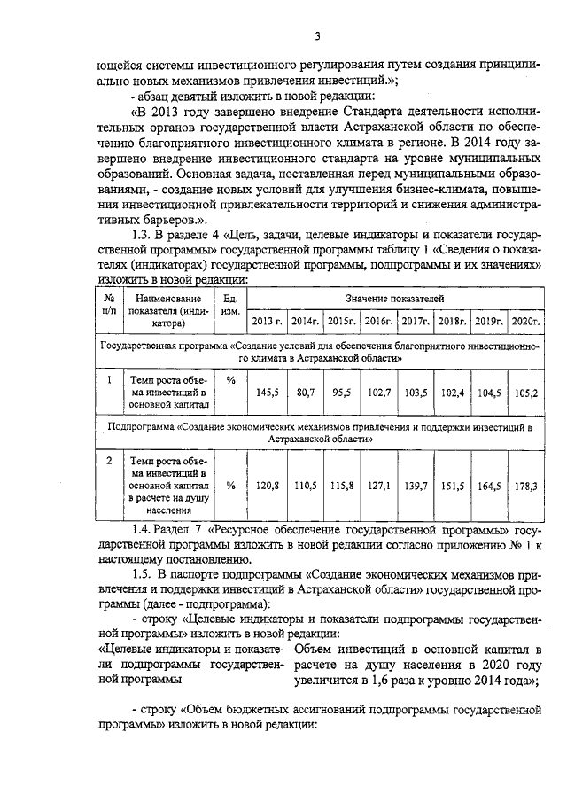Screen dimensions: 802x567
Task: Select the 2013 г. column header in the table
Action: pos(267,320)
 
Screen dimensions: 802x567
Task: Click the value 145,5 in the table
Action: pos(267,391)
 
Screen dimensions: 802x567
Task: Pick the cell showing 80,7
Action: pos(305,391)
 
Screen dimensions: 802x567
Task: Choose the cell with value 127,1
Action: pos(378,486)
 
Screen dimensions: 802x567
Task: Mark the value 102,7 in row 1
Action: pos(378,391)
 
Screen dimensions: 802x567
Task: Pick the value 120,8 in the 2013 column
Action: pos(267,486)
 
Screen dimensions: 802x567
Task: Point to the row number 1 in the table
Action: pos(108,379)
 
